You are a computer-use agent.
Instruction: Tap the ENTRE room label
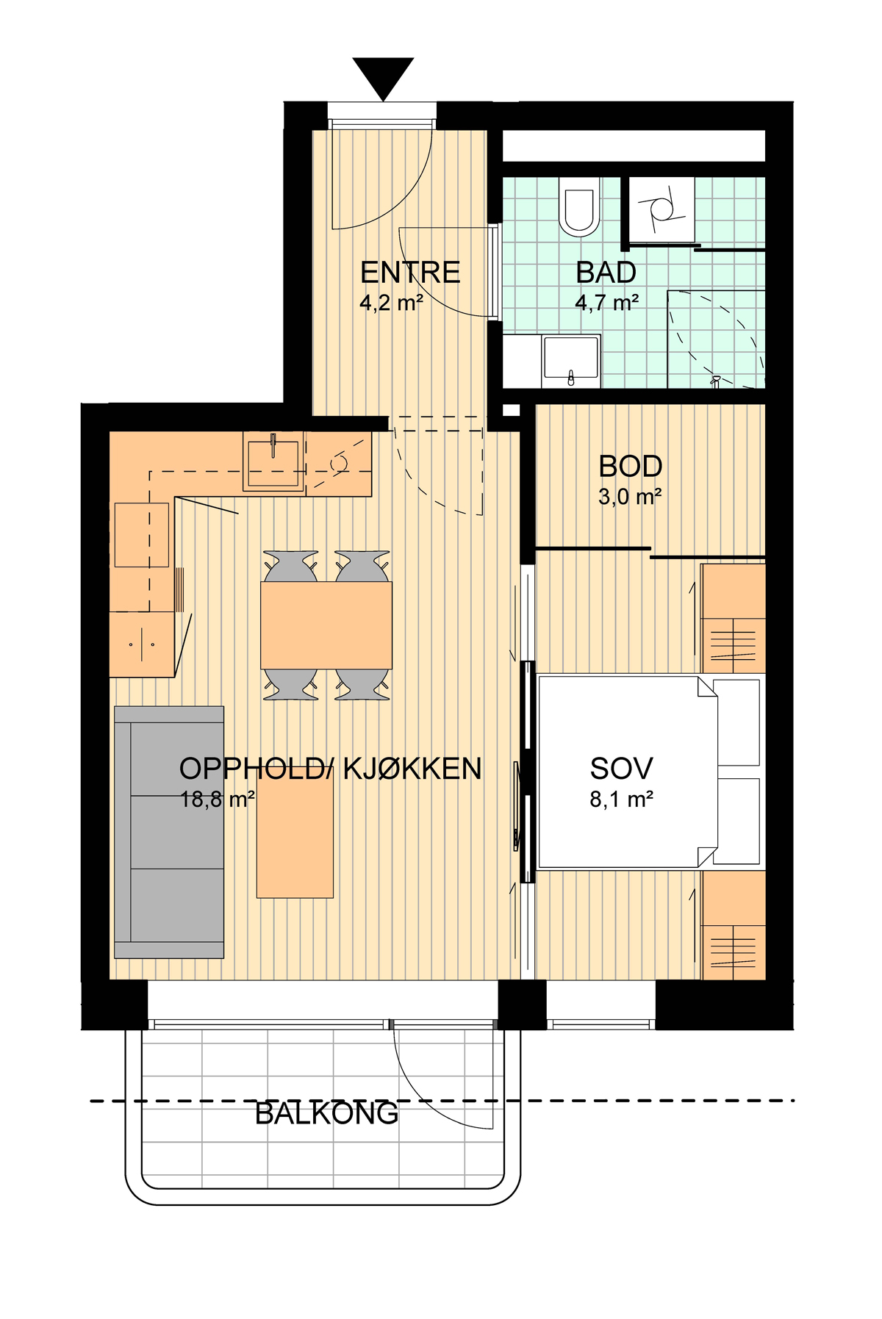click(410, 273)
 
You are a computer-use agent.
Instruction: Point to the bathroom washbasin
click(571, 361)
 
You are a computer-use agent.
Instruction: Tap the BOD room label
click(630, 467)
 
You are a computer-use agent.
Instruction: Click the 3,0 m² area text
click(630, 497)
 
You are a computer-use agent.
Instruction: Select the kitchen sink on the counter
click(273, 464)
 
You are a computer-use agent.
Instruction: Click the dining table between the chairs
click(326, 625)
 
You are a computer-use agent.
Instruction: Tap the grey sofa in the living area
click(169, 833)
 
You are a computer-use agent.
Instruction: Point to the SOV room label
click(621, 769)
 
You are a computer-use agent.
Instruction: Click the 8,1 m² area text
click(622, 799)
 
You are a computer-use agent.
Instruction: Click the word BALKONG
click(326, 1114)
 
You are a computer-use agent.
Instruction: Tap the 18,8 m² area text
click(218, 799)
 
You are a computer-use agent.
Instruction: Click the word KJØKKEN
click(412, 769)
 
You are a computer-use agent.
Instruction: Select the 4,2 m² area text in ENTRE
click(392, 303)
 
